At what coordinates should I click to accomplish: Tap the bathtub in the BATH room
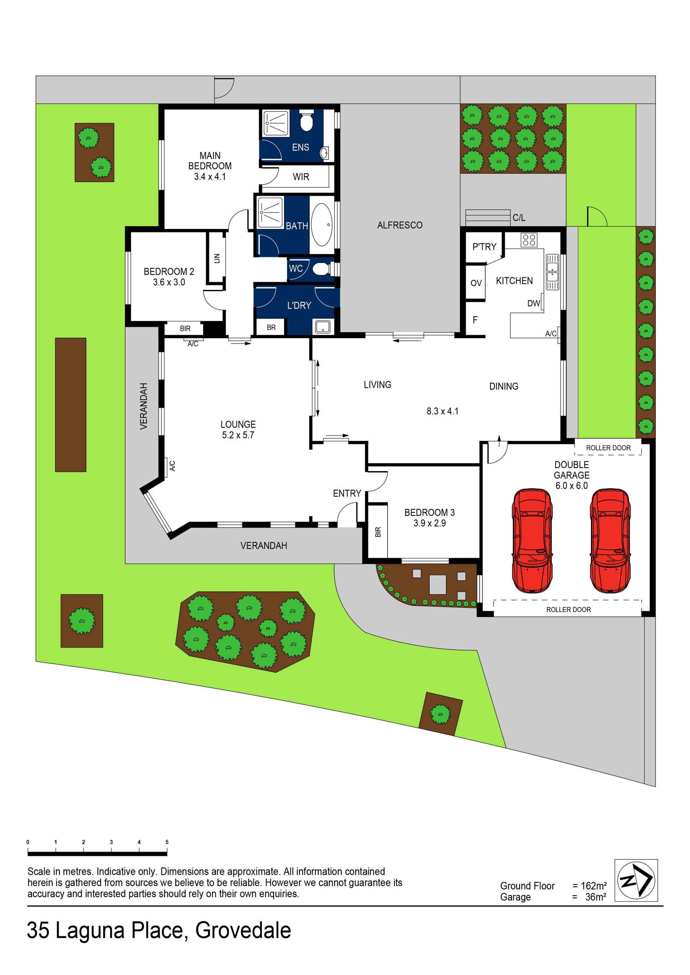[x=322, y=225]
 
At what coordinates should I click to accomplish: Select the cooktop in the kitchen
[x=529, y=240]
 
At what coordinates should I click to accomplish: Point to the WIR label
[x=301, y=177]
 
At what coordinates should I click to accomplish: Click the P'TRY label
[x=484, y=247]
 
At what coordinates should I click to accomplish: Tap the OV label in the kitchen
[x=476, y=283]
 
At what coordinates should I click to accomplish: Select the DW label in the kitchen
[x=533, y=303]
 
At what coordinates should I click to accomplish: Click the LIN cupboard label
[x=217, y=258]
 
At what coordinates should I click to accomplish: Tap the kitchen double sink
[x=552, y=272]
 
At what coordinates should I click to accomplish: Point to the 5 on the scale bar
[x=167, y=842]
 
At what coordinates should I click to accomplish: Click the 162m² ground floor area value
[x=593, y=886]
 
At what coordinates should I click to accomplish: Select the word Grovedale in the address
[x=243, y=931]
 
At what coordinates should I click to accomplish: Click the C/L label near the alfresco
[x=519, y=218]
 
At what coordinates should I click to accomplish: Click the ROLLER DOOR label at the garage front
[x=568, y=609]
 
